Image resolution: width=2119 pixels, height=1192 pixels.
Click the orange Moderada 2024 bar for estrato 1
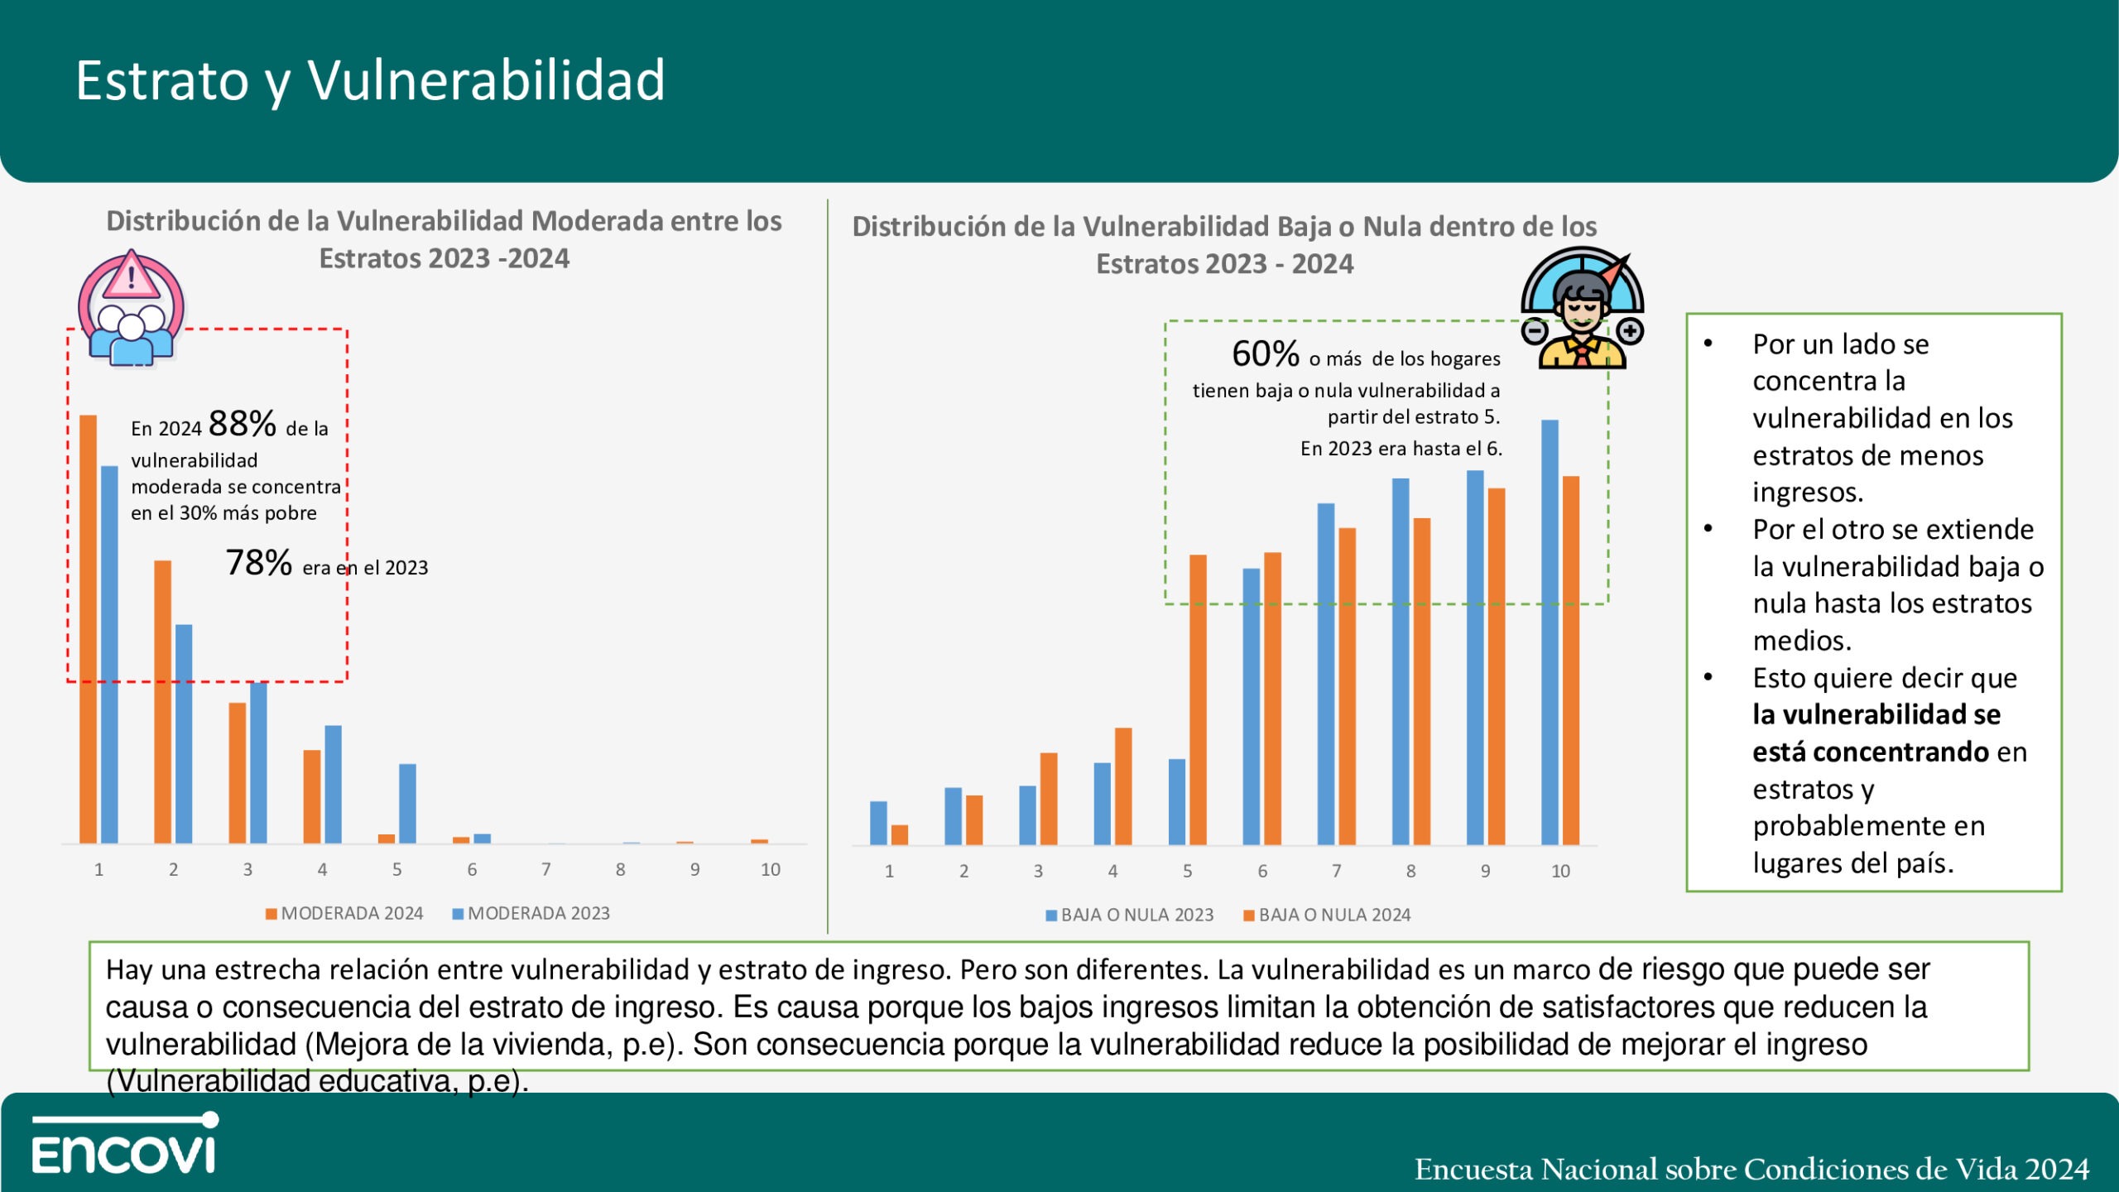[x=88, y=629]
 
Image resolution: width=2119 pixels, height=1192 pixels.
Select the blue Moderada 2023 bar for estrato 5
[x=407, y=803]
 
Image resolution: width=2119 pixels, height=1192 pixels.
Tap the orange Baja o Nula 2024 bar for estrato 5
[x=1198, y=699]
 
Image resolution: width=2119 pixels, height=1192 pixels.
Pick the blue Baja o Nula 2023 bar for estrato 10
[x=1550, y=632]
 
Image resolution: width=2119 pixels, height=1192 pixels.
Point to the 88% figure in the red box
[x=243, y=424]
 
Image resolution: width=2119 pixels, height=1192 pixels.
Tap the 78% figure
[x=259, y=563]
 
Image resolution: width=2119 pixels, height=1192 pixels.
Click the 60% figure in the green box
[x=1266, y=354]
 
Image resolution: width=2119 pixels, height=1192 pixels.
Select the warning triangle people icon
[x=131, y=307]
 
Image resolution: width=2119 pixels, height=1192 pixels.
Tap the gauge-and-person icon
[x=1582, y=308]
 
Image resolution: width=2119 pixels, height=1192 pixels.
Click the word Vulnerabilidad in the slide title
[x=487, y=80]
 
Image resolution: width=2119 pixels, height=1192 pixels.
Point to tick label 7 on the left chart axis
[x=546, y=869]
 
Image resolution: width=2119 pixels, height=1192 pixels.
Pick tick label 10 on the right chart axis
[x=1560, y=871]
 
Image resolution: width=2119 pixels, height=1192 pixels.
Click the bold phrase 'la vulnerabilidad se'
[x=1876, y=714]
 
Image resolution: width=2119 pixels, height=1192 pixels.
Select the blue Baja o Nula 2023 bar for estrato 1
[x=878, y=823]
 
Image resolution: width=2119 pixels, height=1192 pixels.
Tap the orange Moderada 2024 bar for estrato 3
[x=238, y=773]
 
